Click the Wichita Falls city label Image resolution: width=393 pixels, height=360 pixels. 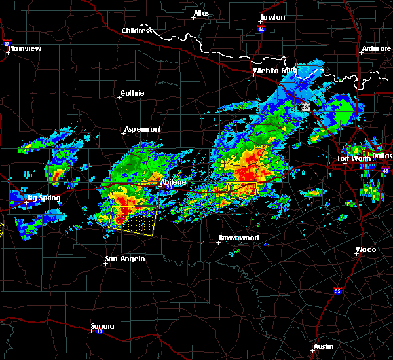tap(275, 70)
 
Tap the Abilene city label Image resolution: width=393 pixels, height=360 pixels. tap(174, 182)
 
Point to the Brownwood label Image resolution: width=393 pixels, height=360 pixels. tap(239, 238)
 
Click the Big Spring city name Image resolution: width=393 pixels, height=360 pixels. tap(43, 198)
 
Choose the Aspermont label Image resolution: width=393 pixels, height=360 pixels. tap(143, 129)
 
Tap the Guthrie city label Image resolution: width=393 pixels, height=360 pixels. tap(132, 93)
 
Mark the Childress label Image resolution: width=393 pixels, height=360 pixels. tap(137, 31)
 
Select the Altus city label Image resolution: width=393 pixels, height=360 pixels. tap(201, 13)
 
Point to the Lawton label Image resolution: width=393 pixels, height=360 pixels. tap(272, 17)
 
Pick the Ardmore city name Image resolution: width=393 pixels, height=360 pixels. tap(376, 50)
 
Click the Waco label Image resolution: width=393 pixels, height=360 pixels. tap(365, 249)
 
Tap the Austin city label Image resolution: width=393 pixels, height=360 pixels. tap(323, 346)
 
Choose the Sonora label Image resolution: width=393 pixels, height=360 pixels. tap(102, 326)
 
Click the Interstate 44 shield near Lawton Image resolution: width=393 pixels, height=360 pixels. tap(260, 29)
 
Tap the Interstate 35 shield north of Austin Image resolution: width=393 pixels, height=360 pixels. tap(337, 291)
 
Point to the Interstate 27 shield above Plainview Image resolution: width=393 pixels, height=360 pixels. tap(7, 43)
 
